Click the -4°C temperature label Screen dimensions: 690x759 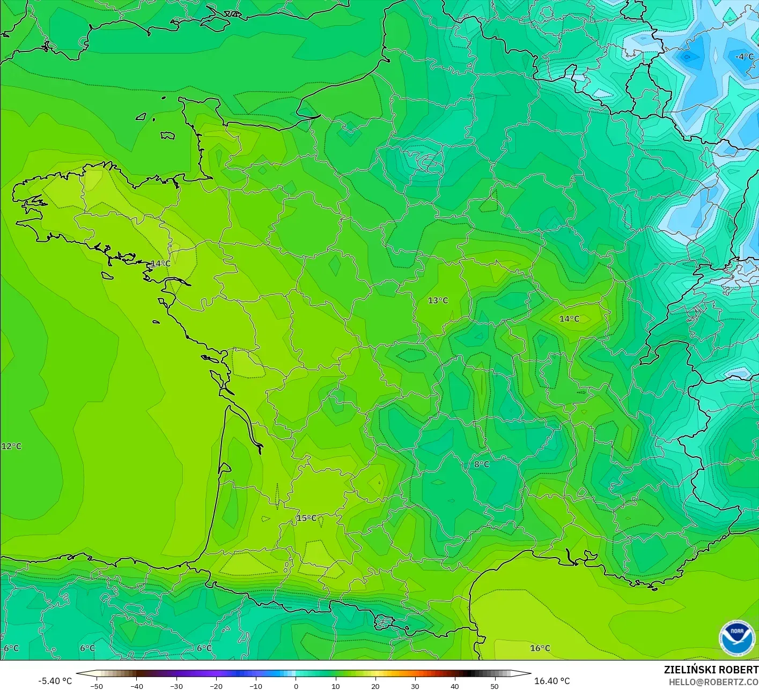744,57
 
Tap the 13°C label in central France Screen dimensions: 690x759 438,301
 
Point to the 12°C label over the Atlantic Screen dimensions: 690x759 11,447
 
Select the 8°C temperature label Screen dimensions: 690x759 481,464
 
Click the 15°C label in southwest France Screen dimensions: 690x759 306,518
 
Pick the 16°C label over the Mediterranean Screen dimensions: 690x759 540,648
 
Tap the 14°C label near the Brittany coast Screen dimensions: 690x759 160,264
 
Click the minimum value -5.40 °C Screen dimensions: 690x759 55,681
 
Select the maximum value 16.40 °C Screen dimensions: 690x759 552,681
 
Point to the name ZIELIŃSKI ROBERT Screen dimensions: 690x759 711,670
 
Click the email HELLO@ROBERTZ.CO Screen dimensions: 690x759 713,682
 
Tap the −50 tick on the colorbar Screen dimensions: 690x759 97,686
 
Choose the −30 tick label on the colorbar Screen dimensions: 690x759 176,686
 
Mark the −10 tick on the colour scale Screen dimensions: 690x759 255,686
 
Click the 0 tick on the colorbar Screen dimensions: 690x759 296,686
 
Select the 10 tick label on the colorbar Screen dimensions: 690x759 335,686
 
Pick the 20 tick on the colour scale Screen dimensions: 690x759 375,686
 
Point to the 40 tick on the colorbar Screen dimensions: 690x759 454,686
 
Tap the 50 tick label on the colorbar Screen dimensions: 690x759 494,686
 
